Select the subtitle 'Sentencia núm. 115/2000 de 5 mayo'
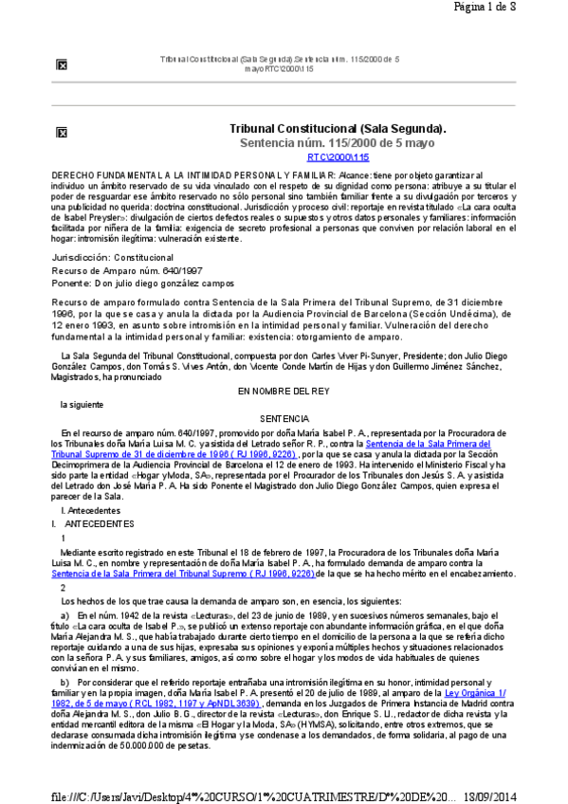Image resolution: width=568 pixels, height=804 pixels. [x=338, y=143]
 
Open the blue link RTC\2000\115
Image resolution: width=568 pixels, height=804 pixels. [x=338, y=157]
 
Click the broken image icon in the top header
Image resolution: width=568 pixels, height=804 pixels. [x=62, y=64]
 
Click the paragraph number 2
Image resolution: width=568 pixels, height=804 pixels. [x=64, y=587]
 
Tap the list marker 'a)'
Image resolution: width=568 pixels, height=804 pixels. [x=64, y=614]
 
